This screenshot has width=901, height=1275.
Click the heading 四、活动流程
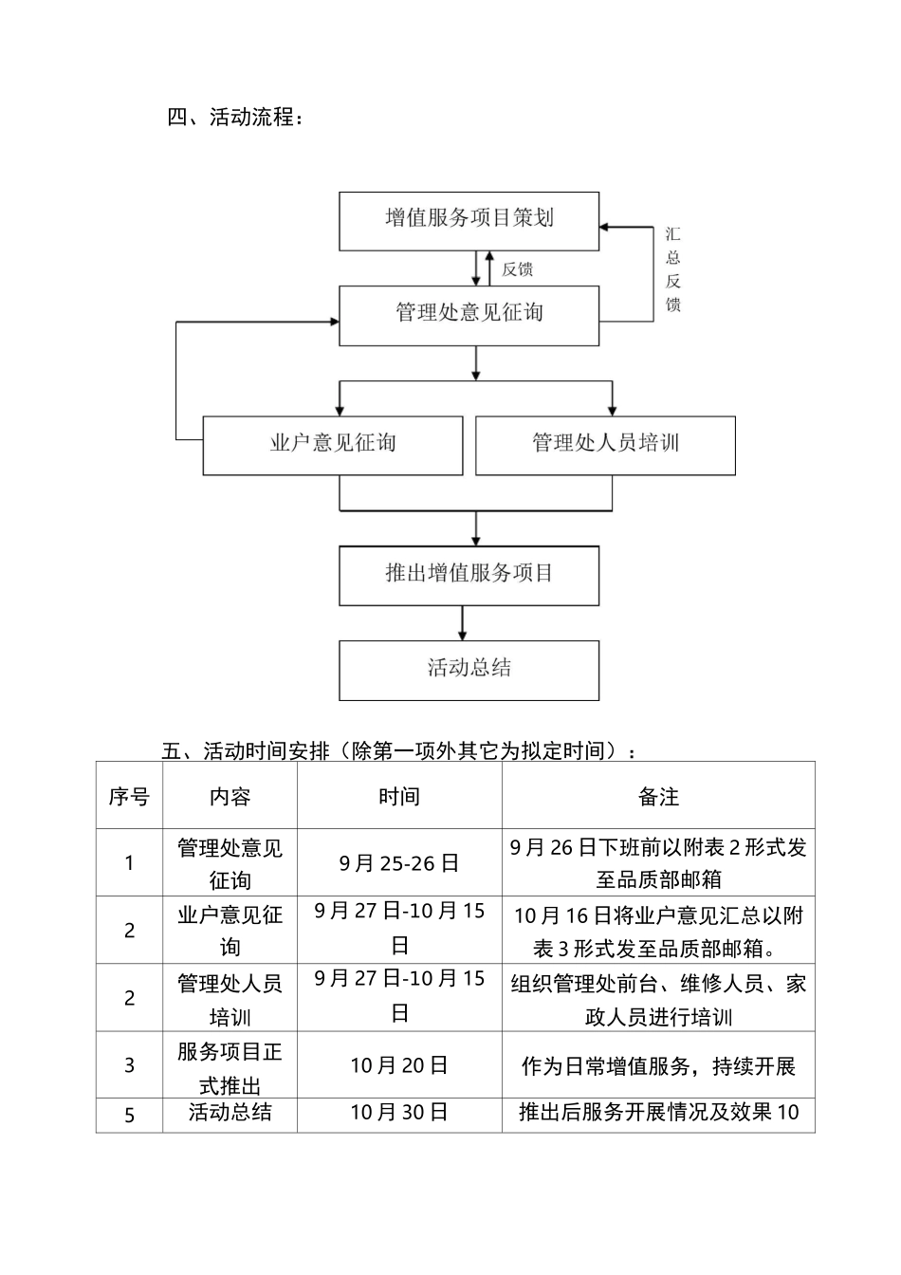tap(236, 118)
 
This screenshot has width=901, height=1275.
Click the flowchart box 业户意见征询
tap(332, 444)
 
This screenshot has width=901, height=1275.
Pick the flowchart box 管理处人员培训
tap(605, 444)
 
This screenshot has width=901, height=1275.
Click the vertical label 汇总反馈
tap(672, 269)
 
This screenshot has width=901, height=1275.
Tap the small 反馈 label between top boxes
tap(518, 269)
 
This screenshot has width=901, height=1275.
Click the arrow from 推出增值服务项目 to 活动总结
tap(462, 622)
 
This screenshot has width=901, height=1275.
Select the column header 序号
tap(129, 797)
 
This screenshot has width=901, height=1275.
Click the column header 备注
tap(658, 797)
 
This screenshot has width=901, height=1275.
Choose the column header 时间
tap(399, 797)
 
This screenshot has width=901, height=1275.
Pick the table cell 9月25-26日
tap(399, 863)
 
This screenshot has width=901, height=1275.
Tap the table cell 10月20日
tap(399, 1066)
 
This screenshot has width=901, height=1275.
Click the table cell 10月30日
tap(399, 1113)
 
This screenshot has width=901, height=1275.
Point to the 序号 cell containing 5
tap(129, 1115)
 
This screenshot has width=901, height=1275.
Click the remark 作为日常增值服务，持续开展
tap(658, 1066)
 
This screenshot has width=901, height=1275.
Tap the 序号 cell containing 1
tap(129, 863)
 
